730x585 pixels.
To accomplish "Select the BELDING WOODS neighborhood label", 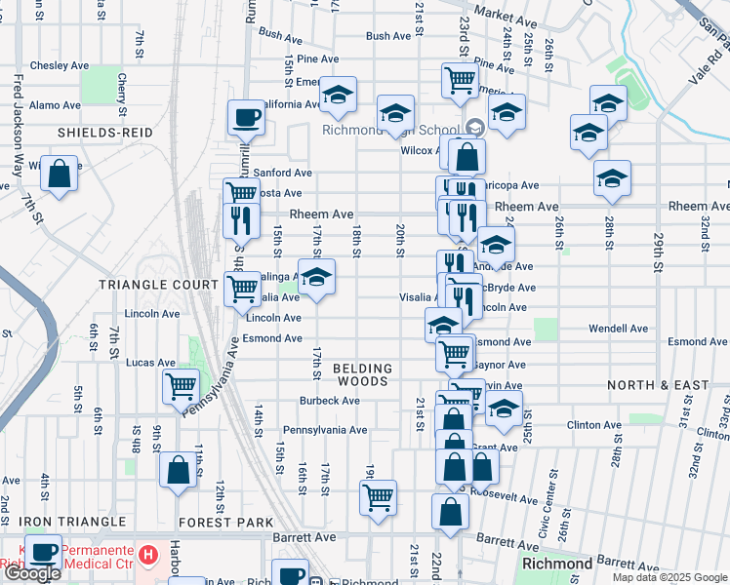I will [x=363, y=374].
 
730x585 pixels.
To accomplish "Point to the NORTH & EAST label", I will [x=658, y=385].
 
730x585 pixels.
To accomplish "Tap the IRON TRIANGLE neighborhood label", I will [x=72, y=523].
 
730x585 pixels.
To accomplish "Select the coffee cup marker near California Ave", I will [x=246, y=117].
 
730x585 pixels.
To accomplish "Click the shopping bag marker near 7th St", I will [x=61, y=175].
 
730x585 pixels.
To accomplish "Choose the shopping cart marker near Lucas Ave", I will [x=181, y=386].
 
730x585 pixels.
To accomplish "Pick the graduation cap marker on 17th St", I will [x=315, y=277].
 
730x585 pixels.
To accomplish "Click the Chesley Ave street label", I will [x=60, y=65].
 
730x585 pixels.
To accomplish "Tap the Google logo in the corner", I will [x=32, y=573].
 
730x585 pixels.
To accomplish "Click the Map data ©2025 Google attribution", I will [x=669, y=577].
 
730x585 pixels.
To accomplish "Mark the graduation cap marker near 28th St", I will [x=611, y=178].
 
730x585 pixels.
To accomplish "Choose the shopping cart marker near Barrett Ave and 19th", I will [x=378, y=497].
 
